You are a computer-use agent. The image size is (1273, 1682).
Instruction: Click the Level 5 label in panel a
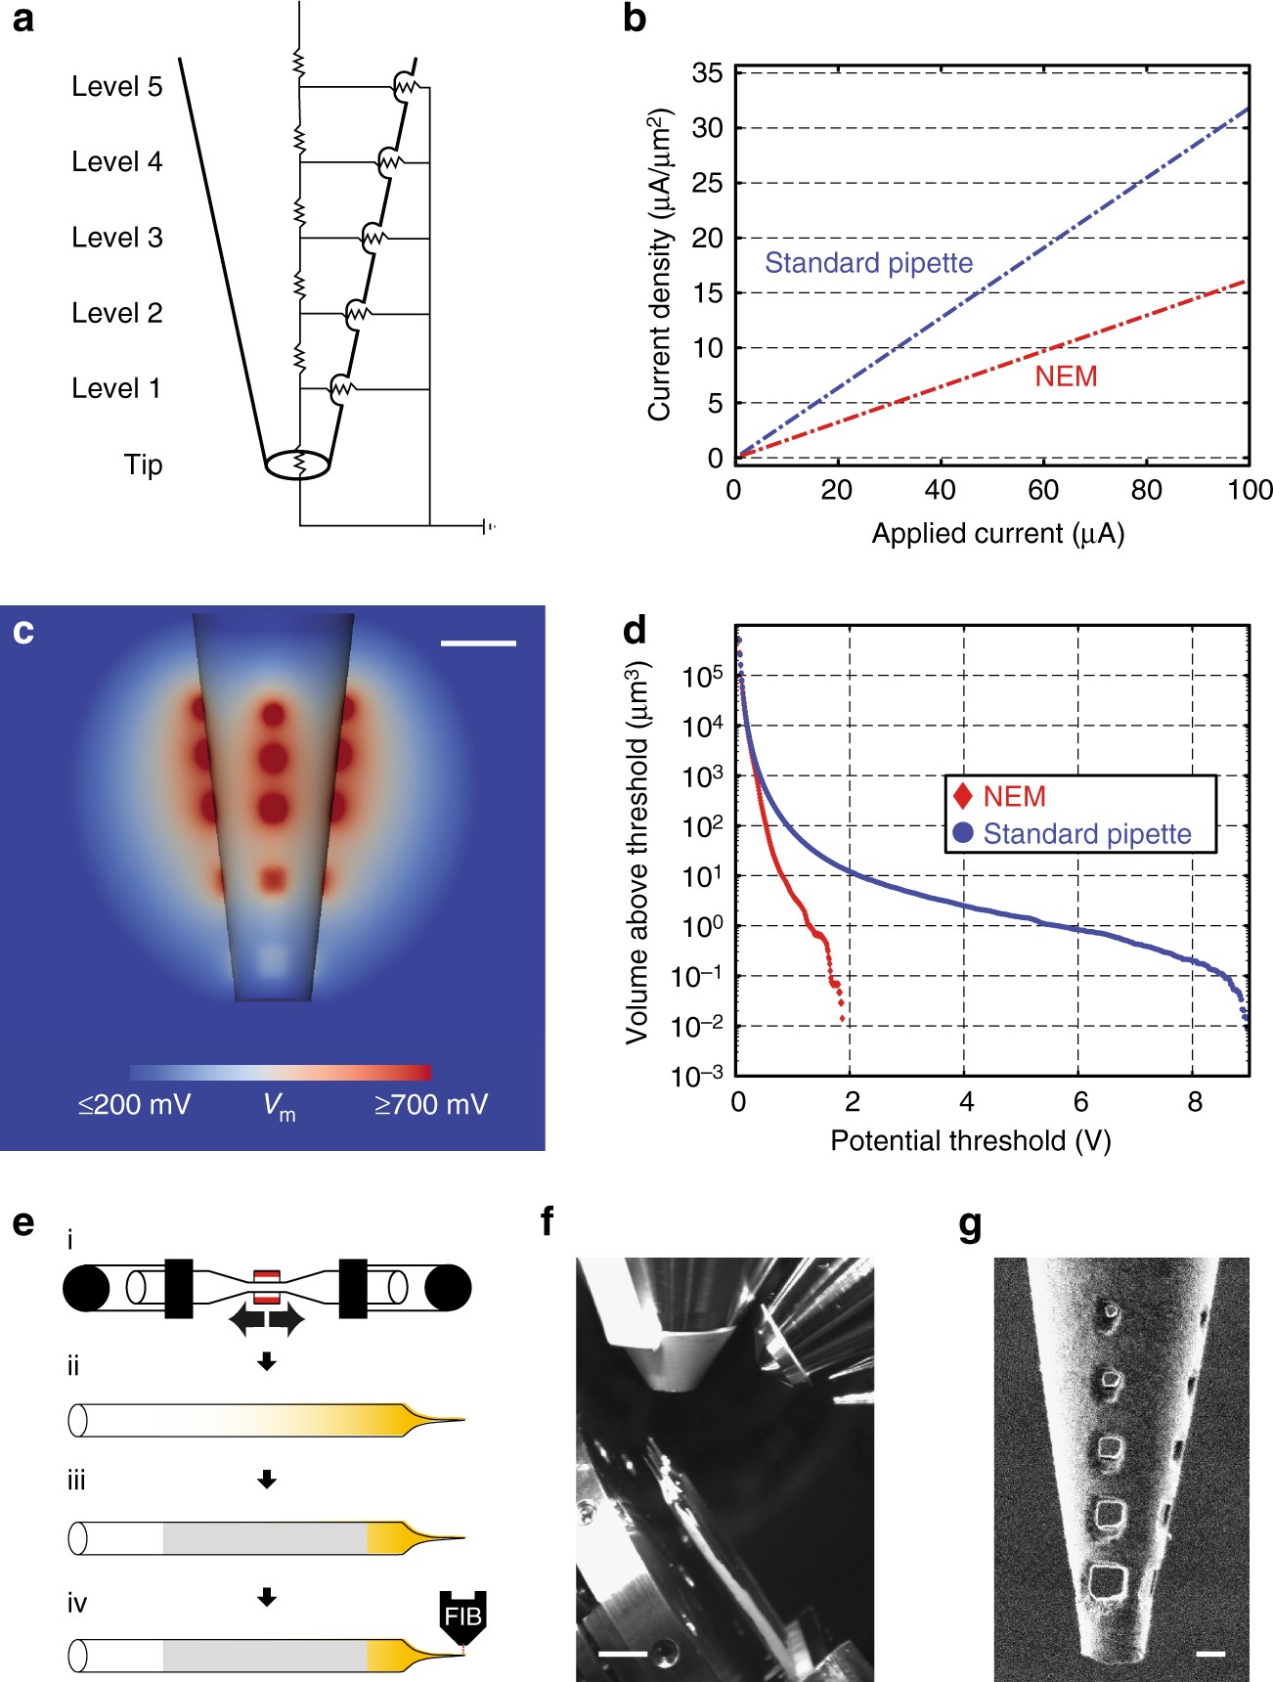116,87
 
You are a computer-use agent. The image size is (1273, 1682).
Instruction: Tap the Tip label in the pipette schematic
143,465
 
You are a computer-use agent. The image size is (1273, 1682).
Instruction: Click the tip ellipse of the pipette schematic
297,465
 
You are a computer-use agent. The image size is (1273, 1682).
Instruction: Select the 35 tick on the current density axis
708,73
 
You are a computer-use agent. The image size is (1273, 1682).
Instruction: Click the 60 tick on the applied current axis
1043,490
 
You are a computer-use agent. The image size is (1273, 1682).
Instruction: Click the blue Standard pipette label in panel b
868,263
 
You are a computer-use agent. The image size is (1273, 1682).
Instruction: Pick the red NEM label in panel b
1066,376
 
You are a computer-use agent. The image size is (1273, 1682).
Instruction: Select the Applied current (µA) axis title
997,534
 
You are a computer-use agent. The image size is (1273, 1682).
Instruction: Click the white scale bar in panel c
478,643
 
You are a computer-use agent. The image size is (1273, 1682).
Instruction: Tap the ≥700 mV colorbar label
430,1105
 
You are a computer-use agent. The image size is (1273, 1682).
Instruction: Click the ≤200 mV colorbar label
134,1105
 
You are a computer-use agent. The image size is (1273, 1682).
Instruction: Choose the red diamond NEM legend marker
963,797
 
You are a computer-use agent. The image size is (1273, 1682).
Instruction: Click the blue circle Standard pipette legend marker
963,834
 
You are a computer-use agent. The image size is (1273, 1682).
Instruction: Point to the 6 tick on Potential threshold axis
1080,1103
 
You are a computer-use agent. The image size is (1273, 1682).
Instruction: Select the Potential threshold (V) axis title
970,1141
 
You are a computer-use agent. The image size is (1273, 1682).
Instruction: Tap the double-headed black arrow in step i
266,1321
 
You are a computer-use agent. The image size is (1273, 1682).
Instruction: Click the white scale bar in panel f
623,1654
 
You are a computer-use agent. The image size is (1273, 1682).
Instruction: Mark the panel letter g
970,1224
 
